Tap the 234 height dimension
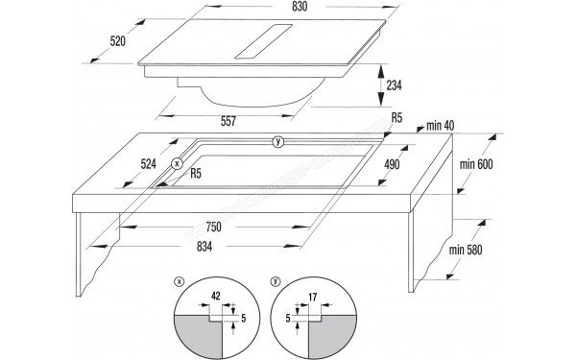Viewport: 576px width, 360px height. click(x=395, y=84)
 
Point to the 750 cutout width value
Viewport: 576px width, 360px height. click(x=212, y=228)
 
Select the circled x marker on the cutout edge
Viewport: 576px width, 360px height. click(x=177, y=164)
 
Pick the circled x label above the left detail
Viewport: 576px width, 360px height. click(x=179, y=282)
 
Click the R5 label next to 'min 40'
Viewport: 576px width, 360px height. click(x=396, y=118)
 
